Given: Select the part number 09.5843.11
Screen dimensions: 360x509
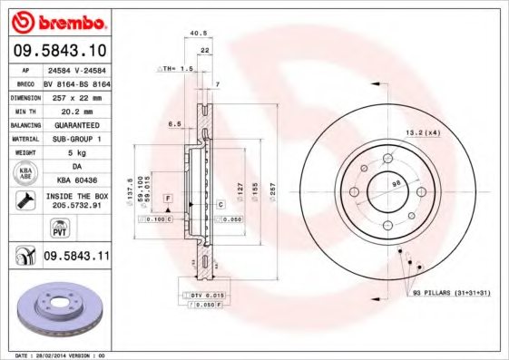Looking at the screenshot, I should point(75,257).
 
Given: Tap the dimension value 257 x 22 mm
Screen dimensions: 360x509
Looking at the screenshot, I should point(76,95).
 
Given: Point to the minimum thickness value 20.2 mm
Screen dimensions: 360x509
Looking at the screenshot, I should point(76,109).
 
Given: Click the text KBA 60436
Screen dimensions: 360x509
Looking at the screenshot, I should point(76,180).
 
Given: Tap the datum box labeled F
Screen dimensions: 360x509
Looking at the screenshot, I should point(168,198).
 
